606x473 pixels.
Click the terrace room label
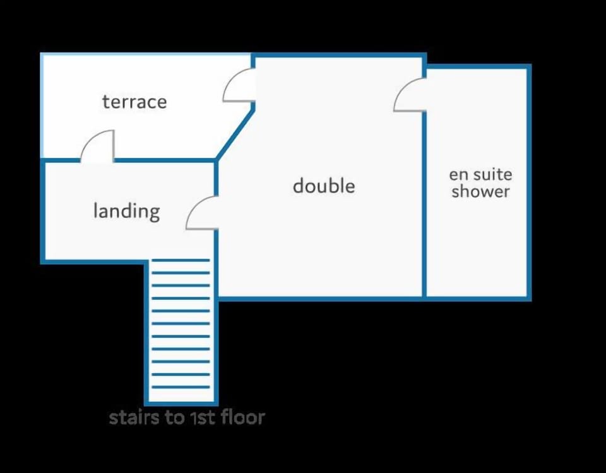click(x=134, y=102)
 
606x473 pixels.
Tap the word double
click(x=324, y=186)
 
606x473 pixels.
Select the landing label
click(x=127, y=211)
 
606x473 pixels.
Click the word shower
click(x=480, y=191)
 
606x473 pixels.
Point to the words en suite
click(x=480, y=174)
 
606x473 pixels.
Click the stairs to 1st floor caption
click(x=187, y=417)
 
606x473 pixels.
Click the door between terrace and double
click(x=239, y=85)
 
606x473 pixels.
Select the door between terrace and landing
click(x=97, y=146)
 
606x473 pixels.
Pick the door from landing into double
click(x=202, y=213)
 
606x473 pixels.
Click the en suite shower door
click(x=410, y=95)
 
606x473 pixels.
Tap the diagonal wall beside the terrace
click(x=235, y=135)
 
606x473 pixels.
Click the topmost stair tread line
click(x=181, y=260)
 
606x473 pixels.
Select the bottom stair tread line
click(x=181, y=386)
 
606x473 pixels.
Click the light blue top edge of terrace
click(x=146, y=54)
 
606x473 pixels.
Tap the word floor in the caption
click(x=243, y=417)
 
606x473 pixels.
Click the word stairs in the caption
click(x=134, y=417)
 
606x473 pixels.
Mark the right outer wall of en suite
click(x=530, y=183)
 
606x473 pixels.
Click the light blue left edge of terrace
click(x=42, y=105)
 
